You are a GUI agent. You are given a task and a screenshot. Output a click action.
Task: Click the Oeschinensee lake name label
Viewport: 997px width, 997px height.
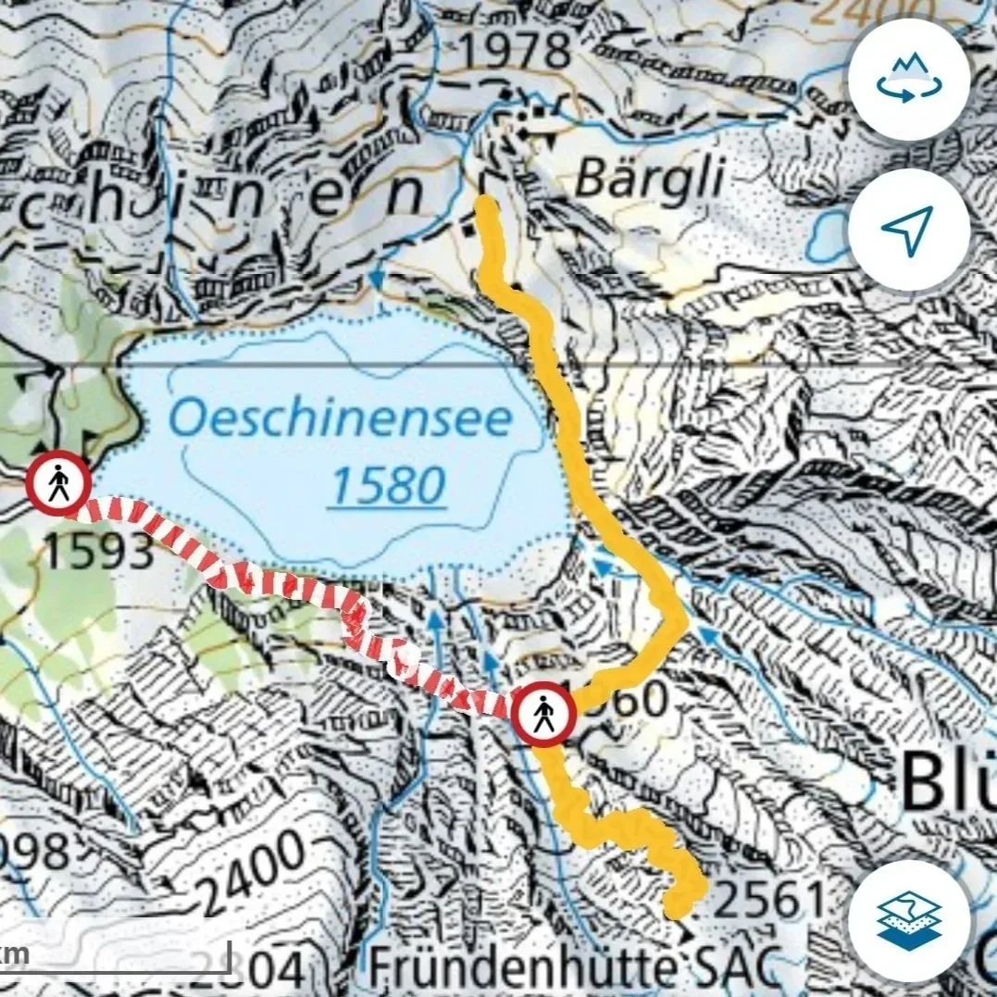point(340,420)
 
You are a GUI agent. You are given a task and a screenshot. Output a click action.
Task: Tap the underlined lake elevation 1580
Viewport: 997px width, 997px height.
point(389,485)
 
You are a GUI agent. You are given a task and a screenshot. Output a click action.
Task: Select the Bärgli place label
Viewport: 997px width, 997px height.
point(649,180)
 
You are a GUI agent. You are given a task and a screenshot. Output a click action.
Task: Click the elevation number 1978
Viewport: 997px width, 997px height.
point(515,52)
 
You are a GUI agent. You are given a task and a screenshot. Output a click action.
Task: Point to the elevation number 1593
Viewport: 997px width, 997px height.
point(98,554)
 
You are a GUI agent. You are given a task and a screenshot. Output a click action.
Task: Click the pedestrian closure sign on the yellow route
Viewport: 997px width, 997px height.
point(544,714)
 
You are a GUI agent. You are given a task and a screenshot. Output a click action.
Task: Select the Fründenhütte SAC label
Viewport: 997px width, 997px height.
point(569,970)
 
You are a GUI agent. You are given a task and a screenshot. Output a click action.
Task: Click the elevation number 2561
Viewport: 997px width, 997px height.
point(769,901)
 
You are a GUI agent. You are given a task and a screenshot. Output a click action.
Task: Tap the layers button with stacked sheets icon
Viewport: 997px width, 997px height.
point(908,920)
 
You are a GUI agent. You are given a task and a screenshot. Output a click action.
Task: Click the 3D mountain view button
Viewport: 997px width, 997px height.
point(908,79)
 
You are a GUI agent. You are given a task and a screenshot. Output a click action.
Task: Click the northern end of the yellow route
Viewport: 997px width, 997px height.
point(484,206)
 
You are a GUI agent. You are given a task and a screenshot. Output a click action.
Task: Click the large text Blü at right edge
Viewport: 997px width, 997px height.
point(946,780)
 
